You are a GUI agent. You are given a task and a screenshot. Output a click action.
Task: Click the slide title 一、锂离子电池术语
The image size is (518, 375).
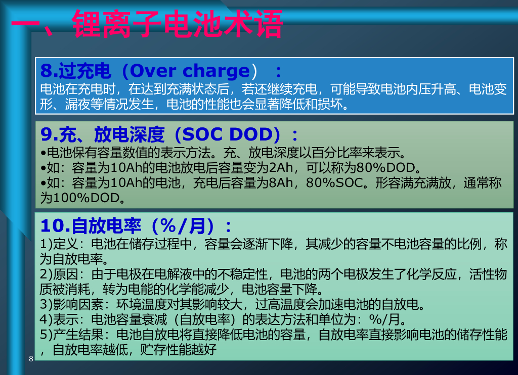(x=147, y=24)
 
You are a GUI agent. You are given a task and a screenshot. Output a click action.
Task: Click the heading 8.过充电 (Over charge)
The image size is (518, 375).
(x=152, y=70)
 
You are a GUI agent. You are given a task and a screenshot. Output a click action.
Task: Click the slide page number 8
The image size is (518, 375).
(x=31, y=359)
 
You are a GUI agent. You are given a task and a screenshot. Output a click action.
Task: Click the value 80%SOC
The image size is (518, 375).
(x=334, y=182)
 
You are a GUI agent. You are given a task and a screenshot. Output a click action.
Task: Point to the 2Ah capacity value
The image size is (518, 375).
(x=281, y=167)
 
